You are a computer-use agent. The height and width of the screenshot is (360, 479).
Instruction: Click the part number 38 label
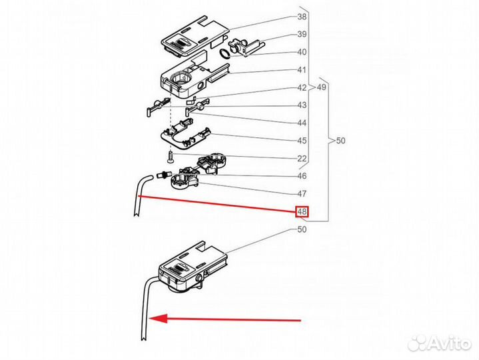pyautogui.click(x=302, y=17)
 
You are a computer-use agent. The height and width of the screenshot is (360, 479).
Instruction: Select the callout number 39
pyautogui.click(x=302, y=34)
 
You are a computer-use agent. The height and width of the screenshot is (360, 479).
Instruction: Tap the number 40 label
pyautogui.click(x=302, y=52)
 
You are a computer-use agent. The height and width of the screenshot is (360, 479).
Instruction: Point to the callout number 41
pyautogui.click(x=302, y=70)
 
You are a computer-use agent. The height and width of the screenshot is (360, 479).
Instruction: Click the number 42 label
pyautogui.click(x=302, y=88)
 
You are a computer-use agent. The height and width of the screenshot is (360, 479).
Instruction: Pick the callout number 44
pyautogui.click(x=302, y=123)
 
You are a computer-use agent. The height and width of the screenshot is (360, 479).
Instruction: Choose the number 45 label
pyautogui.click(x=302, y=141)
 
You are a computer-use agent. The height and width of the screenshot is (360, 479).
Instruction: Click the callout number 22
pyautogui.click(x=302, y=158)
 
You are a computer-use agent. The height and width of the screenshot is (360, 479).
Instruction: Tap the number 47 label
pyautogui.click(x=302, y=194)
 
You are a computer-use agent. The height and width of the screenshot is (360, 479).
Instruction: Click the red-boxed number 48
pyautogui.click(x=302, y=211)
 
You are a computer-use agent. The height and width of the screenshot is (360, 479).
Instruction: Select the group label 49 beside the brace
pyautogui.click(x=321, y=87)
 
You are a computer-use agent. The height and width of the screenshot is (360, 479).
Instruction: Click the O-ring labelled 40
pyautogui.click(x=225, y=53)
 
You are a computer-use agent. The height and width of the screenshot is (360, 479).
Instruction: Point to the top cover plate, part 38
pyautogui.click(x=195, y=36)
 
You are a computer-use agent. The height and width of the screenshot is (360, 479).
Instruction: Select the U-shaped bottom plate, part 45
pyautogui.click(x=186, y=135)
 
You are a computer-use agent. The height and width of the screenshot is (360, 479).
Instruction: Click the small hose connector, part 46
pyautogui.click(x=162, y=175)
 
